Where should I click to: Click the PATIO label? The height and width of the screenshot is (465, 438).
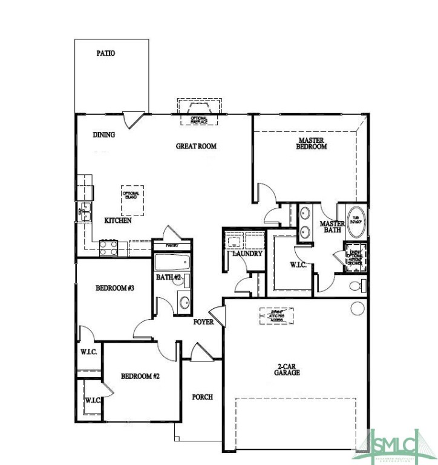click(x=106, y=53)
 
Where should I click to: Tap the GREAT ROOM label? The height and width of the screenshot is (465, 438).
click(x=196, y=146)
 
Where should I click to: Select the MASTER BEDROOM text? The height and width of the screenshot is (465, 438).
click(x=312, y=143)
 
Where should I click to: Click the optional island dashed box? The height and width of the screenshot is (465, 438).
click(x=132, y=200)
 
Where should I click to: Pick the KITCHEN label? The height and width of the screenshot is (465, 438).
click(x=118, y=221)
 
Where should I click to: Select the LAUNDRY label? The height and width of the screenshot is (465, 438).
click(x=247, y=254)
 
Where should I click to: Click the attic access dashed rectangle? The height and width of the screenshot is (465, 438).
click(x=277, y=316)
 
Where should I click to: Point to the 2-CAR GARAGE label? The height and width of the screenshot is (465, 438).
click(x=287, y=369)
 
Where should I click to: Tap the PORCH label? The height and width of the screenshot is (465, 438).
click(x=203, y=397)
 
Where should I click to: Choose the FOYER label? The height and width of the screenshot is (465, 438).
click(x=204, y=322)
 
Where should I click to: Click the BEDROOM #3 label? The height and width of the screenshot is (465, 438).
click(x=114, y=288)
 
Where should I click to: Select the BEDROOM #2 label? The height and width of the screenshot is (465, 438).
click(x=140, y=377)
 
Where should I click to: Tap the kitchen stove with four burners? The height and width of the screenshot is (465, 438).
click(x=109, y=247)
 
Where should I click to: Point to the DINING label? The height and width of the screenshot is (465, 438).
click(x=104, y=135)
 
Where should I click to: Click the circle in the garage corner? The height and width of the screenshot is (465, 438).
click(x=357, y=308)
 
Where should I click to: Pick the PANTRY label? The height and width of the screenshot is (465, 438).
click(x=172, y=245)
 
